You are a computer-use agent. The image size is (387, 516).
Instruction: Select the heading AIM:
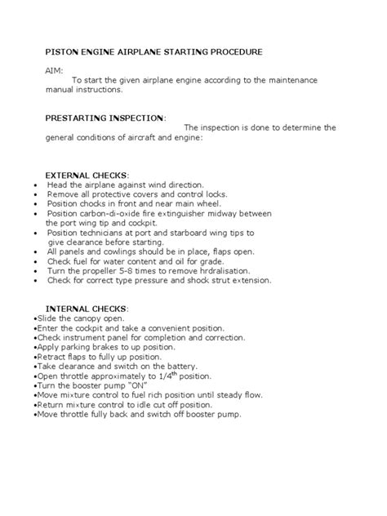[53, 70]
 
